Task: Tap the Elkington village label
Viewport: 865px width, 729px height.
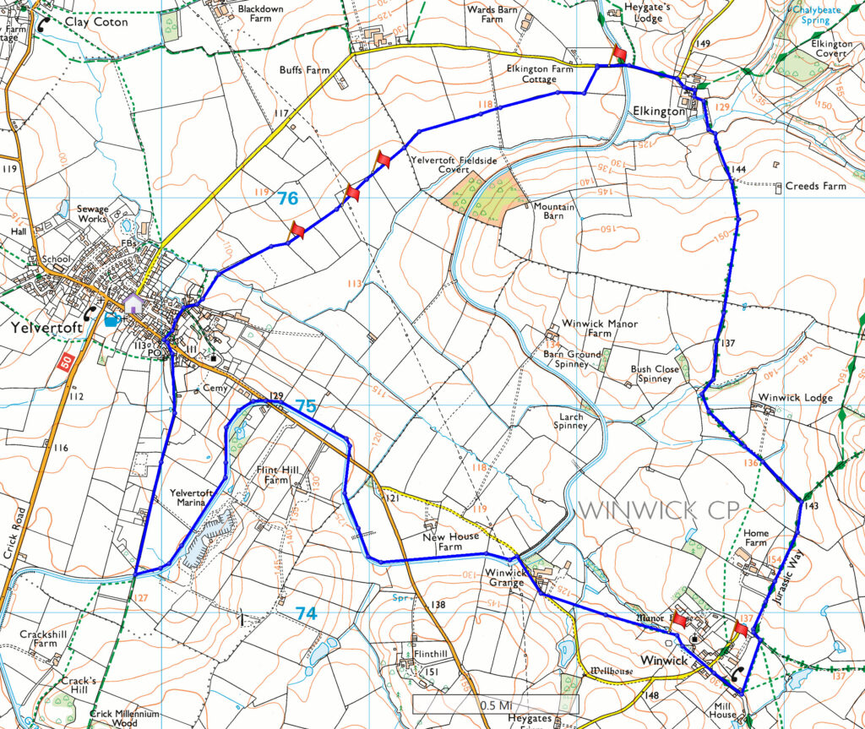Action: pyautogui.click(x=659, y=112)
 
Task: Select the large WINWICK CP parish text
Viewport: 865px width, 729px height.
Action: pyautogui.click(x=650, y=509)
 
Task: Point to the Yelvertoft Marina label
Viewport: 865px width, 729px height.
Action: pyautogui.click(x=188, y=498)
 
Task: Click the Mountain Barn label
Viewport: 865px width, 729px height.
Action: pyautogui.click(x=554, y=211)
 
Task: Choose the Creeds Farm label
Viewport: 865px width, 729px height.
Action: pyautogui.click(x=815, y=186)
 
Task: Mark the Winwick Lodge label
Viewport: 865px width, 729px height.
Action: pyautogui.click(x=795, y=398)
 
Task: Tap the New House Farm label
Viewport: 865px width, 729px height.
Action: pyautogui.click(x=452, y=541)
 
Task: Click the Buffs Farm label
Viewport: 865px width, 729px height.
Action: pyautogui.click(x=304, y=71)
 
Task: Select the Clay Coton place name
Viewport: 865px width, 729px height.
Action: pyautogui.click(x=96, y=22)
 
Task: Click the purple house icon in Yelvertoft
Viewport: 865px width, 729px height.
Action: pyautogui.click(x=133, y=303)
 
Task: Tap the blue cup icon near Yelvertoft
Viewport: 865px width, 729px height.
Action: pyautogui.click(x=112, y=319)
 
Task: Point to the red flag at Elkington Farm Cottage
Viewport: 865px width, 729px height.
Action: pyautogui.click(x=619, y=54)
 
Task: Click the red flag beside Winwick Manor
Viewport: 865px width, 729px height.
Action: pyautogui.click(x=679, y=619)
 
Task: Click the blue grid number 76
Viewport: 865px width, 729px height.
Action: pyautogui.click(x=287, y=199)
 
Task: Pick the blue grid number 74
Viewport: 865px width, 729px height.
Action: pyautogui.click(x=306, y=614)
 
